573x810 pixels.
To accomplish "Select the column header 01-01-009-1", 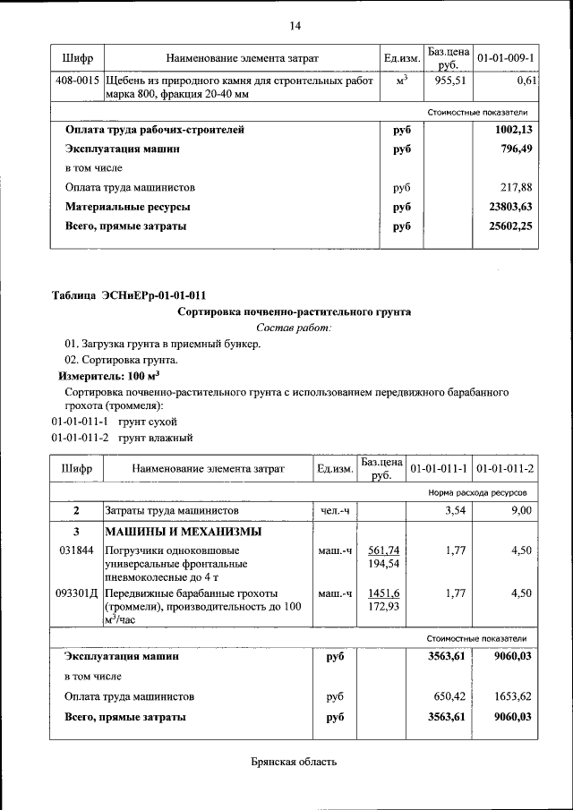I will (x=506, y=58).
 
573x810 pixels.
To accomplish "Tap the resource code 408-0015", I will (x=77, y=81).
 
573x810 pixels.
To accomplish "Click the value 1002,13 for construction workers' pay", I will (x=513, y=130).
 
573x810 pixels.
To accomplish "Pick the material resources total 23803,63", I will (x=509, y=207).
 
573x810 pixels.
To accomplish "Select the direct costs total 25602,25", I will (x=509, y=226).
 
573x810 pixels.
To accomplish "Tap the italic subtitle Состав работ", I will (x=294, y=328).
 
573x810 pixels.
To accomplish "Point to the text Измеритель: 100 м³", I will (x=109, y=376).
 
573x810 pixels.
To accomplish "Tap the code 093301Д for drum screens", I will (x=78, y=593).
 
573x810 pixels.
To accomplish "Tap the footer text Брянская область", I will (x=294, y=763).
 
